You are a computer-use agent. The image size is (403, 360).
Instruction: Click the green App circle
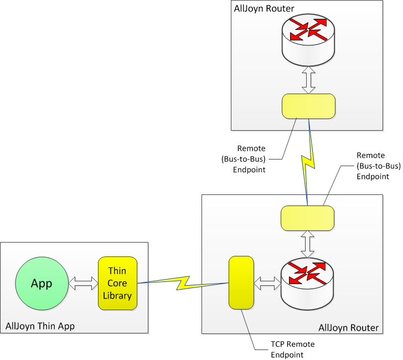(42, 284)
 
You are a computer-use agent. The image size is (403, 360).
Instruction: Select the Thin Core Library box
(117, 283)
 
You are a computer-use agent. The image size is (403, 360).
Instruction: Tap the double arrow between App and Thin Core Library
(84, 284)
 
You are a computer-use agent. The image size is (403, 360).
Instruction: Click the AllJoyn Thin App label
(40, 326)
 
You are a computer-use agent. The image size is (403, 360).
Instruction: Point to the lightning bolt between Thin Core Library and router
(183, 283)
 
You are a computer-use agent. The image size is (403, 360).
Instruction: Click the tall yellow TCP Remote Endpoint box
(241, 282)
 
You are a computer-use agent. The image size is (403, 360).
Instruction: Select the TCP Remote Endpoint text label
(292, 349)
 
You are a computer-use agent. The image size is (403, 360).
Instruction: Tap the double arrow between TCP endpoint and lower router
(267, 284)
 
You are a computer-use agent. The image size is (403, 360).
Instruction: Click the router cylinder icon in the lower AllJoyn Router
(307, 285)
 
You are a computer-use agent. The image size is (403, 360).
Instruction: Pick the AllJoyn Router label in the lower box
(349, 328)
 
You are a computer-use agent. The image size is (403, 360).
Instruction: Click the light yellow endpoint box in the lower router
(307, 218)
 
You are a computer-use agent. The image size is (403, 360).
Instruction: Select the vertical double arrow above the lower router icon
(307, 244)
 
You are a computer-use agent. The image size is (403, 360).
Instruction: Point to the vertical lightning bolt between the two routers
(308, 162)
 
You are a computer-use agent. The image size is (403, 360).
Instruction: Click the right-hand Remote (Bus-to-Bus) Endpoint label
(378, 166)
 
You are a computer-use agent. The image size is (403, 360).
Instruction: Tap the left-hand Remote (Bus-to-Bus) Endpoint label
(244, 159)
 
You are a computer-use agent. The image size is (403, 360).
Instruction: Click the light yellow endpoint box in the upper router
(308, 106)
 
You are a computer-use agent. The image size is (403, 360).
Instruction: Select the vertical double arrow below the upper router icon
(308, 80)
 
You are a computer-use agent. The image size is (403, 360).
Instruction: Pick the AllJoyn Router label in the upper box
(264, 8)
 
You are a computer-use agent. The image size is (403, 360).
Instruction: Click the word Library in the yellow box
(117, 296)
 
